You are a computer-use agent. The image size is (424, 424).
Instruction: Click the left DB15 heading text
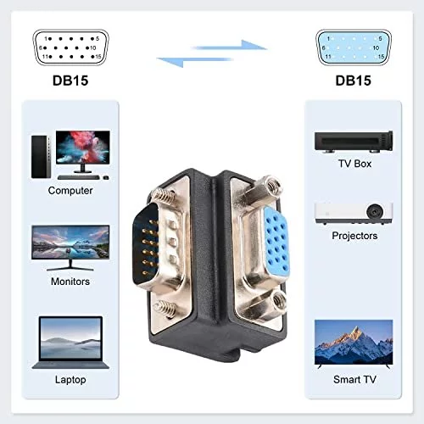click(x=70, y=81)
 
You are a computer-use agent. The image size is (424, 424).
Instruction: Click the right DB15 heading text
click(x=353, y=81)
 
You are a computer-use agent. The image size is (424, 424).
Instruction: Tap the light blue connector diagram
click(x=354, y=47)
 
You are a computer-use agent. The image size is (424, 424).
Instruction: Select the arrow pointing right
click(x=231, y=46)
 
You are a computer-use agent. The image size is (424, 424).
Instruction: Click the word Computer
click(x=70, y=191)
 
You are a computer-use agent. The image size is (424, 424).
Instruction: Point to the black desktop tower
click(x=41, y=157)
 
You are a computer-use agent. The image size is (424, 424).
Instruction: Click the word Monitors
click(x=70, y=282)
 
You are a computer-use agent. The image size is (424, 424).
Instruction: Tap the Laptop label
click(x=70, y=380)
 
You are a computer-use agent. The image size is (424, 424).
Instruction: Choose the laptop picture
click(x=70, y=343)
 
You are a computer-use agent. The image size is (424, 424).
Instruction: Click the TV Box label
click(x=354, y=164)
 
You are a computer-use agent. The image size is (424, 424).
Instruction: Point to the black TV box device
click(x=354, y=142)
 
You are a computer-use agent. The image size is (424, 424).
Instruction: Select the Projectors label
click(x=354, y=236)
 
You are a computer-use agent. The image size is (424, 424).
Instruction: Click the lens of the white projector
click(x=375, y=212)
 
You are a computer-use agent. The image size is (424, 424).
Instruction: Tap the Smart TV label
click(x=354, y=380)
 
